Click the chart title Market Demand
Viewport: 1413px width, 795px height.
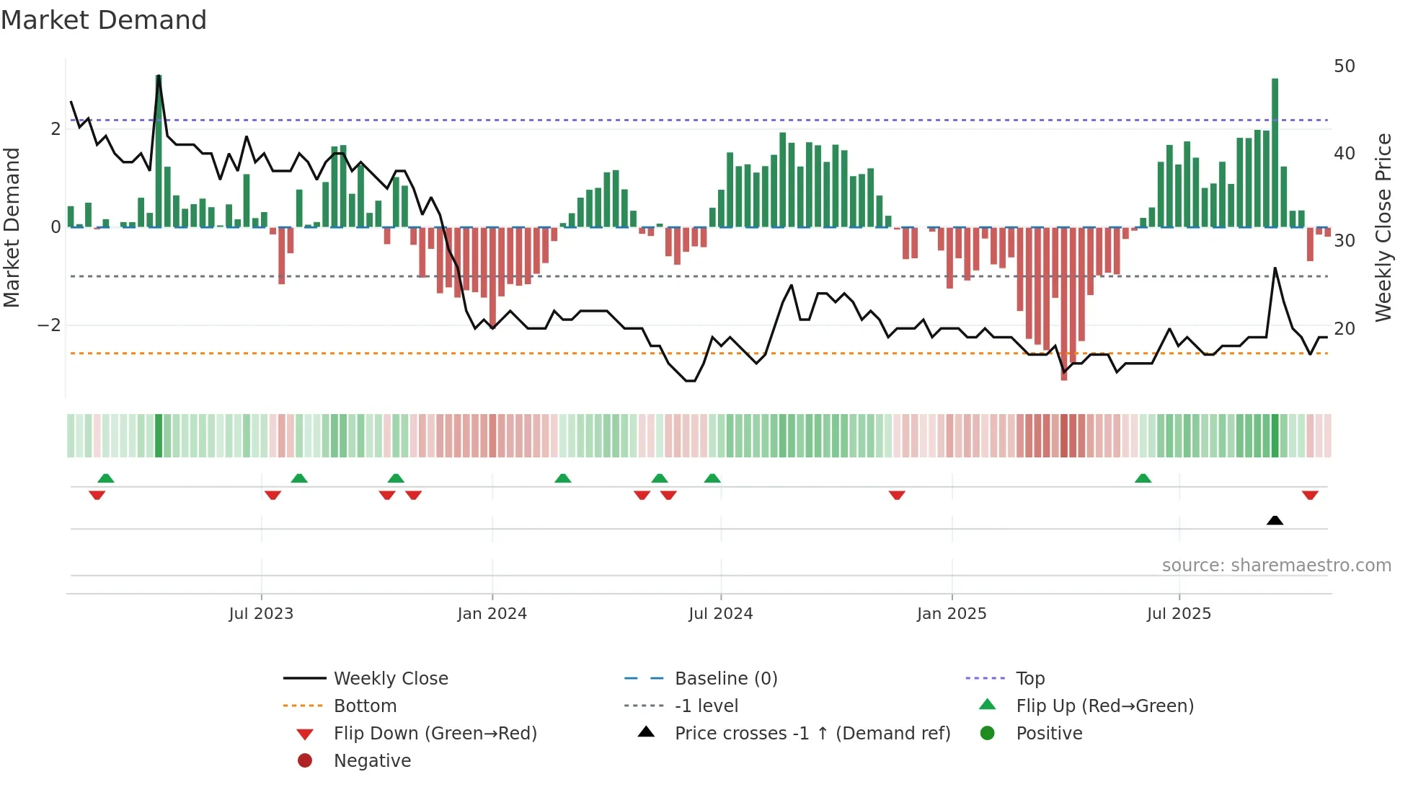pyautogui.click(x=104, y=20)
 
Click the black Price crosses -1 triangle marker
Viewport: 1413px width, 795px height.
pyautogui.click(x=1275, y=520)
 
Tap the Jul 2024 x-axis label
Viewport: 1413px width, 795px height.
pyautogui.click(x=720, y=614)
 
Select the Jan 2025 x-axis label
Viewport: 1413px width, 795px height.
pyautogui.click(x=951, y=614)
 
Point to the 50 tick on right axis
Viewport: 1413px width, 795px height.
pyautogui.click(x=1344, y=66)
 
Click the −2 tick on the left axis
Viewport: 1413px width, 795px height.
pyautogui.click(x=49, y=325)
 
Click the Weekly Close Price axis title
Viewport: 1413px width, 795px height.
pyautogui.click(x=1383, y=227)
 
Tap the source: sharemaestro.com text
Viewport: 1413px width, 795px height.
pyautogui.click(x=1276, y=566)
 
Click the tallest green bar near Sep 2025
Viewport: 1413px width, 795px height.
pyautogui.click(x=1275, y=152)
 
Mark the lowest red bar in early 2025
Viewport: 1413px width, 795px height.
pyautogui.click(x=1063, y=303)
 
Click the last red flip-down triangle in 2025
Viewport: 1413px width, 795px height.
pyautogui.click(x=1310, y=495)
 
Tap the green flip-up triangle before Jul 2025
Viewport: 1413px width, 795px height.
pyautogui.click(x=1143, y=478)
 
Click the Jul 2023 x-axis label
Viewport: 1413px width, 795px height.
pyautogui.click(x=261, y=614)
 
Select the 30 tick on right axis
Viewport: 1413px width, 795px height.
pyautogui.click(x=1344, y=241)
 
